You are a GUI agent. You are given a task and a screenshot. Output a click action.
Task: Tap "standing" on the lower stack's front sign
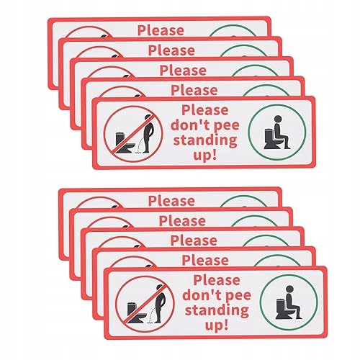pos(217,310)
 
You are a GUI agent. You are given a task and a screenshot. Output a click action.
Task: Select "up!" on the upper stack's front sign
pos(205,156)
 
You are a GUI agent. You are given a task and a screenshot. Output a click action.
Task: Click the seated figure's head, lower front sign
pos(290,289)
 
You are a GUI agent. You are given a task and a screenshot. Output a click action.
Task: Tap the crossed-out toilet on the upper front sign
pos(125,143)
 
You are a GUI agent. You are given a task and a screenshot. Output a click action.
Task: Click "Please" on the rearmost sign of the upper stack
pos(161,30)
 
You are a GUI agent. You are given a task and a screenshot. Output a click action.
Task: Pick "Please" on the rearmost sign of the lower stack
pos(171,201)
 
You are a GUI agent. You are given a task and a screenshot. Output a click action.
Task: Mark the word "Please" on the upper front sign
pos(205,110)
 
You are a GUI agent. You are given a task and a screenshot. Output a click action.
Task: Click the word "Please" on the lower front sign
pos(217,280)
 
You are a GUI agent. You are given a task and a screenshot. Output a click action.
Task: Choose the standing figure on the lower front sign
pos(161,304)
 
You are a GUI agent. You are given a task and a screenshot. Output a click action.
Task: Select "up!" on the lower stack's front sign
pos(217,325)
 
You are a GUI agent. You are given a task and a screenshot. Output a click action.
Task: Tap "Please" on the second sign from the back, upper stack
pos(171,50)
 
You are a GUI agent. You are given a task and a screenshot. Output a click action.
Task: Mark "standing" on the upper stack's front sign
pos(205,140)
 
